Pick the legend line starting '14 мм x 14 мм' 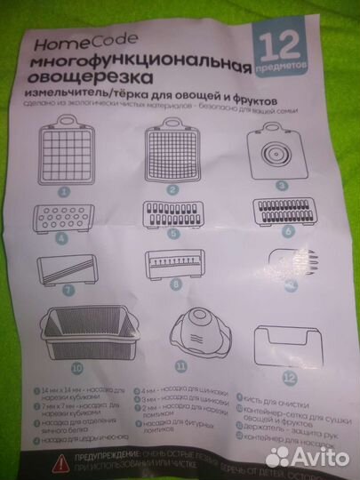click(80, 390)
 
